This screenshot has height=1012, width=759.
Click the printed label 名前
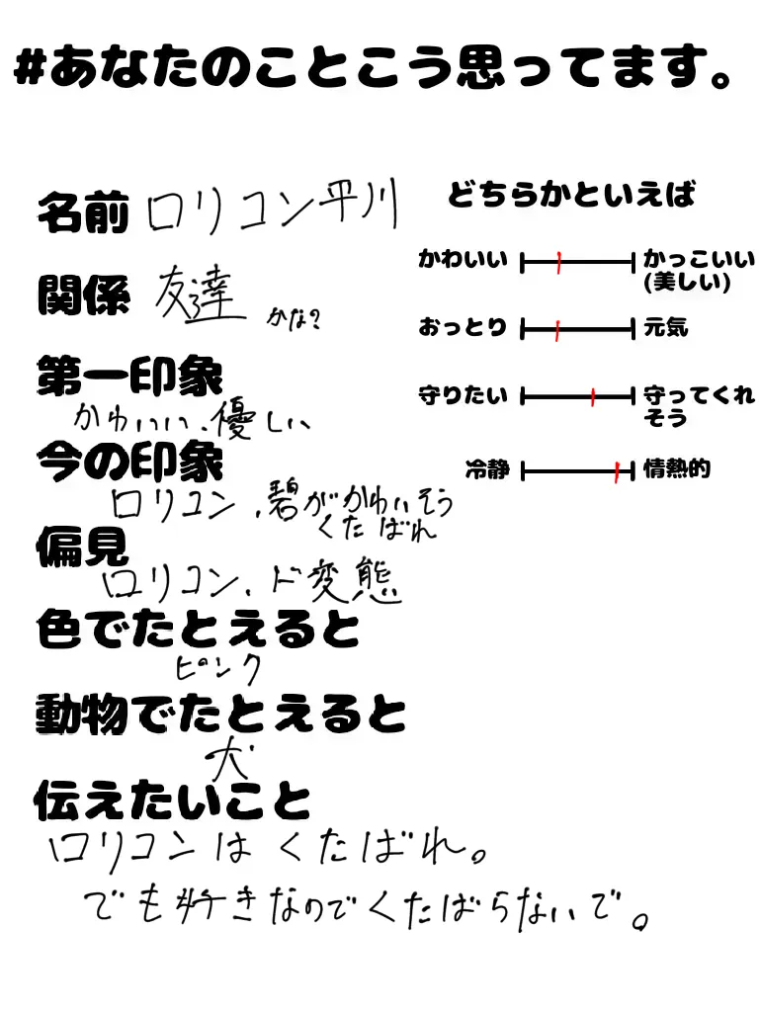click(x=83, y=212)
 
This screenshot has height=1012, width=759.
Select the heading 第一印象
click(x=129, y=377)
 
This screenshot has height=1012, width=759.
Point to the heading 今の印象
click(x=129, y=459)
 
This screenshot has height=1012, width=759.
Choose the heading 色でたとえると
click(x=198, y=630)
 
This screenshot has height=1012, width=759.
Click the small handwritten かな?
click(x=294, y=319)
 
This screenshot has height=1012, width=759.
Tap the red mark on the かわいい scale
click(x=558, y=263)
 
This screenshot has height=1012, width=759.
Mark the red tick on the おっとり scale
click(x=557, y=329)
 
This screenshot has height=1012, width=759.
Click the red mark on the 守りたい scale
click(x=593, y=397)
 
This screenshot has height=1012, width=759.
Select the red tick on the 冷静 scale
click(x=617, y=471)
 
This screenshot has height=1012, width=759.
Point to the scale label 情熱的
click(x=677, y=468)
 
